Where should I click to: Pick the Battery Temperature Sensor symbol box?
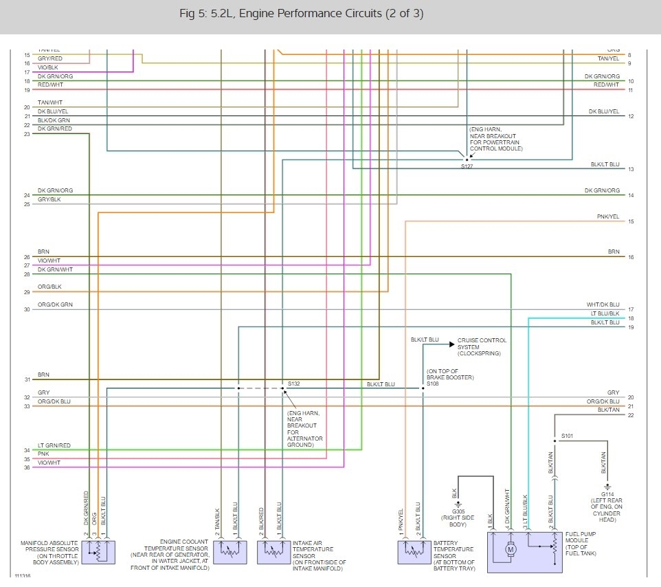pos(414,551)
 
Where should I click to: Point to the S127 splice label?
pos(467,166)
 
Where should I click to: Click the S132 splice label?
pos(294,382)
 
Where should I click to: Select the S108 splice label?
pos(433,384)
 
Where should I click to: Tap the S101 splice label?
pos(567,436)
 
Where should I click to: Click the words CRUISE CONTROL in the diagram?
pos(482,340)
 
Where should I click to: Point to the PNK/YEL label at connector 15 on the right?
pos(607,217)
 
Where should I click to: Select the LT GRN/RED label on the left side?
pos(54,445)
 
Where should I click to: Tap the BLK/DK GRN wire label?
pos(54,120)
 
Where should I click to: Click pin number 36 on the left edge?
pos(27,468)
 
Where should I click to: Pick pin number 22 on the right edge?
pos(630,414)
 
